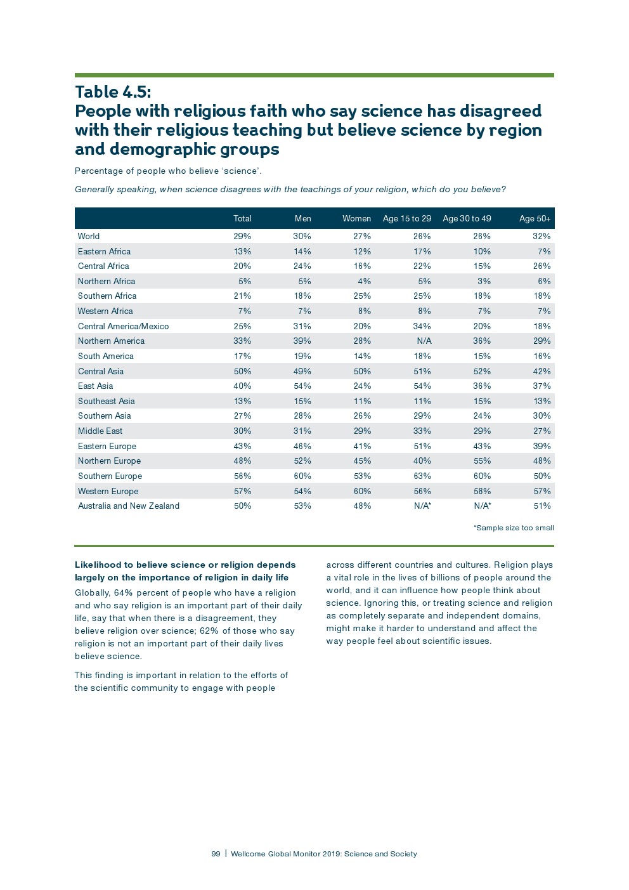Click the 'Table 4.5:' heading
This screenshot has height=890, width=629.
click(113, 92)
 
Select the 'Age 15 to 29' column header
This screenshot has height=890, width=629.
click(406, 218)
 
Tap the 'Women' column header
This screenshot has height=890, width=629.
click(356, 218)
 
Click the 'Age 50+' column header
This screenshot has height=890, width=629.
click(535, 218)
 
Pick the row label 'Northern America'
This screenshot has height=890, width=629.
click(111, 341)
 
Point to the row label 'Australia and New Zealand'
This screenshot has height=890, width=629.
click(129, 506)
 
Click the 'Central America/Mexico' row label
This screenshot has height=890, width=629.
click(123, 326)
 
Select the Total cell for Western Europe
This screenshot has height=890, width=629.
click(242, 491)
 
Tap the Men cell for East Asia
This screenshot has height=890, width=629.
click(302, 386)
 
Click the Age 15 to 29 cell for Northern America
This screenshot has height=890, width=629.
click(424, 341)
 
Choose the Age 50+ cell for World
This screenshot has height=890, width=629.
click(541, 236)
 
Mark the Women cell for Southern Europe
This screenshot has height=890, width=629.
click(362, 476)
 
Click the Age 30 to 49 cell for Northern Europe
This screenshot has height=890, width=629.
click(482, 461)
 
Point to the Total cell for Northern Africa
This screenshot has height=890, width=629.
click(245, 281)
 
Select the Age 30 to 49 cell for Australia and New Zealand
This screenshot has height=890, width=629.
click(482, 506)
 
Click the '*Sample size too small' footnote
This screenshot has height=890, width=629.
click(514, 528)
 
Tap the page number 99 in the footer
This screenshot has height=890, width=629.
click(216, 854)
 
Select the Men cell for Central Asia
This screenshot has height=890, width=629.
click(302, 371)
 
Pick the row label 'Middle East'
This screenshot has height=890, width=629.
click(100, 431)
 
